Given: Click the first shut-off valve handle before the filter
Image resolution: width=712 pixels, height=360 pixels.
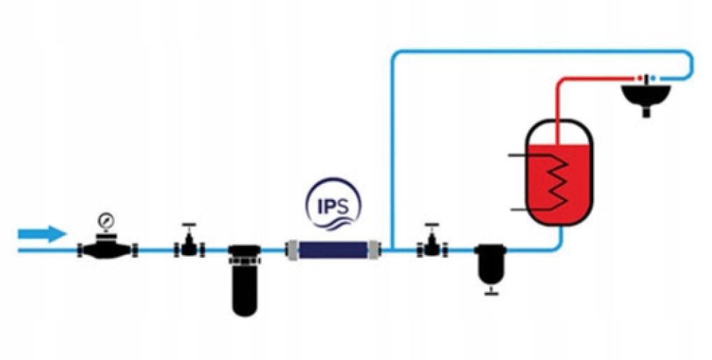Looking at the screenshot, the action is tap(188, 226).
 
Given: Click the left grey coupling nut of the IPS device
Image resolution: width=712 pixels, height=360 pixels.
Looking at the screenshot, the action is tap(292, 250).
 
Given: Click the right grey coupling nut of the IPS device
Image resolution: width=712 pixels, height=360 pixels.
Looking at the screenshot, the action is tap(376, 250).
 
